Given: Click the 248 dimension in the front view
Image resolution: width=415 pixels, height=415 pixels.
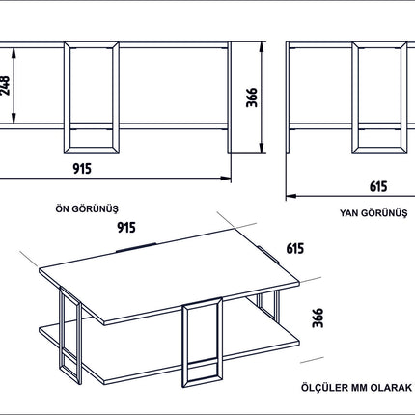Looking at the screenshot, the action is [6, 86].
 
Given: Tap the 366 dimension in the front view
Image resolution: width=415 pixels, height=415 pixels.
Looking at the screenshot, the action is [252, 97].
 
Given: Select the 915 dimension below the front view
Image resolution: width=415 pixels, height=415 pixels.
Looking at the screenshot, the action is [82, 169].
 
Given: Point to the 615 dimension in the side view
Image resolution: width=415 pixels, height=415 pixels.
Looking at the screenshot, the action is [378, 186].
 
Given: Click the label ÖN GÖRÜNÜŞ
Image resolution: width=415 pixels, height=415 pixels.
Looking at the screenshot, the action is [87, 208].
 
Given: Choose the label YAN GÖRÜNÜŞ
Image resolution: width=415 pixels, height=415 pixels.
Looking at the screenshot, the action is [373, 213].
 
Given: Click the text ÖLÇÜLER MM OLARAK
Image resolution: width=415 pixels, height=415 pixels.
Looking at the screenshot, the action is [356, 387].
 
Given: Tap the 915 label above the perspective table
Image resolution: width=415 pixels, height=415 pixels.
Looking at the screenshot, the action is [126, 228].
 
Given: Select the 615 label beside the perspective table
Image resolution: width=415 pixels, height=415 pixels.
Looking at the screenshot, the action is [295, 248].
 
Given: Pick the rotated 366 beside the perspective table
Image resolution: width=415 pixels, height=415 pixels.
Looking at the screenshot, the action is [318, 318].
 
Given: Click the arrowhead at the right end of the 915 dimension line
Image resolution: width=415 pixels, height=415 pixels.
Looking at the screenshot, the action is [226, 178].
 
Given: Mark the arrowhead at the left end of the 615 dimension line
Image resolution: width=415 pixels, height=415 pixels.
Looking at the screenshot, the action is [291, 196].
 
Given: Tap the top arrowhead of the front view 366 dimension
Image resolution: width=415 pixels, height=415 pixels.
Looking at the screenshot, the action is [262, 47].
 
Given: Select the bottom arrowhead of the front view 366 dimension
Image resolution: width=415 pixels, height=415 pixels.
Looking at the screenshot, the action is [262, 148].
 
